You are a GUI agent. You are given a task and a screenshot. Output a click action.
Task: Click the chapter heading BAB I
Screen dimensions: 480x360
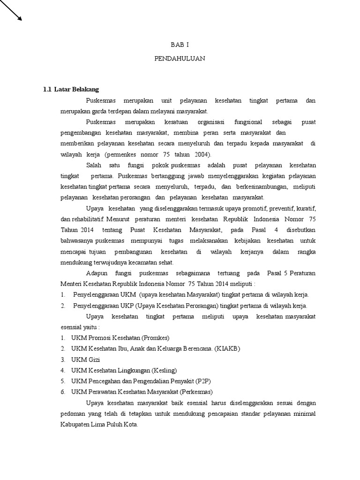[180, 45]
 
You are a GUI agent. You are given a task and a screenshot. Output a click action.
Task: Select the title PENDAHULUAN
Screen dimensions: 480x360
[180, 59]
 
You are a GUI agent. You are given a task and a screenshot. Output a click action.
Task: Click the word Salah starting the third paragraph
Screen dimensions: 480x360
[94, 165]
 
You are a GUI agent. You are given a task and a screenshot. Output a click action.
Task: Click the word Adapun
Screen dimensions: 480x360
[97, 273]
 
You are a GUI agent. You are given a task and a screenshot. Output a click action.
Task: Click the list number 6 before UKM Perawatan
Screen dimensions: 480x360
[63, 391]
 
